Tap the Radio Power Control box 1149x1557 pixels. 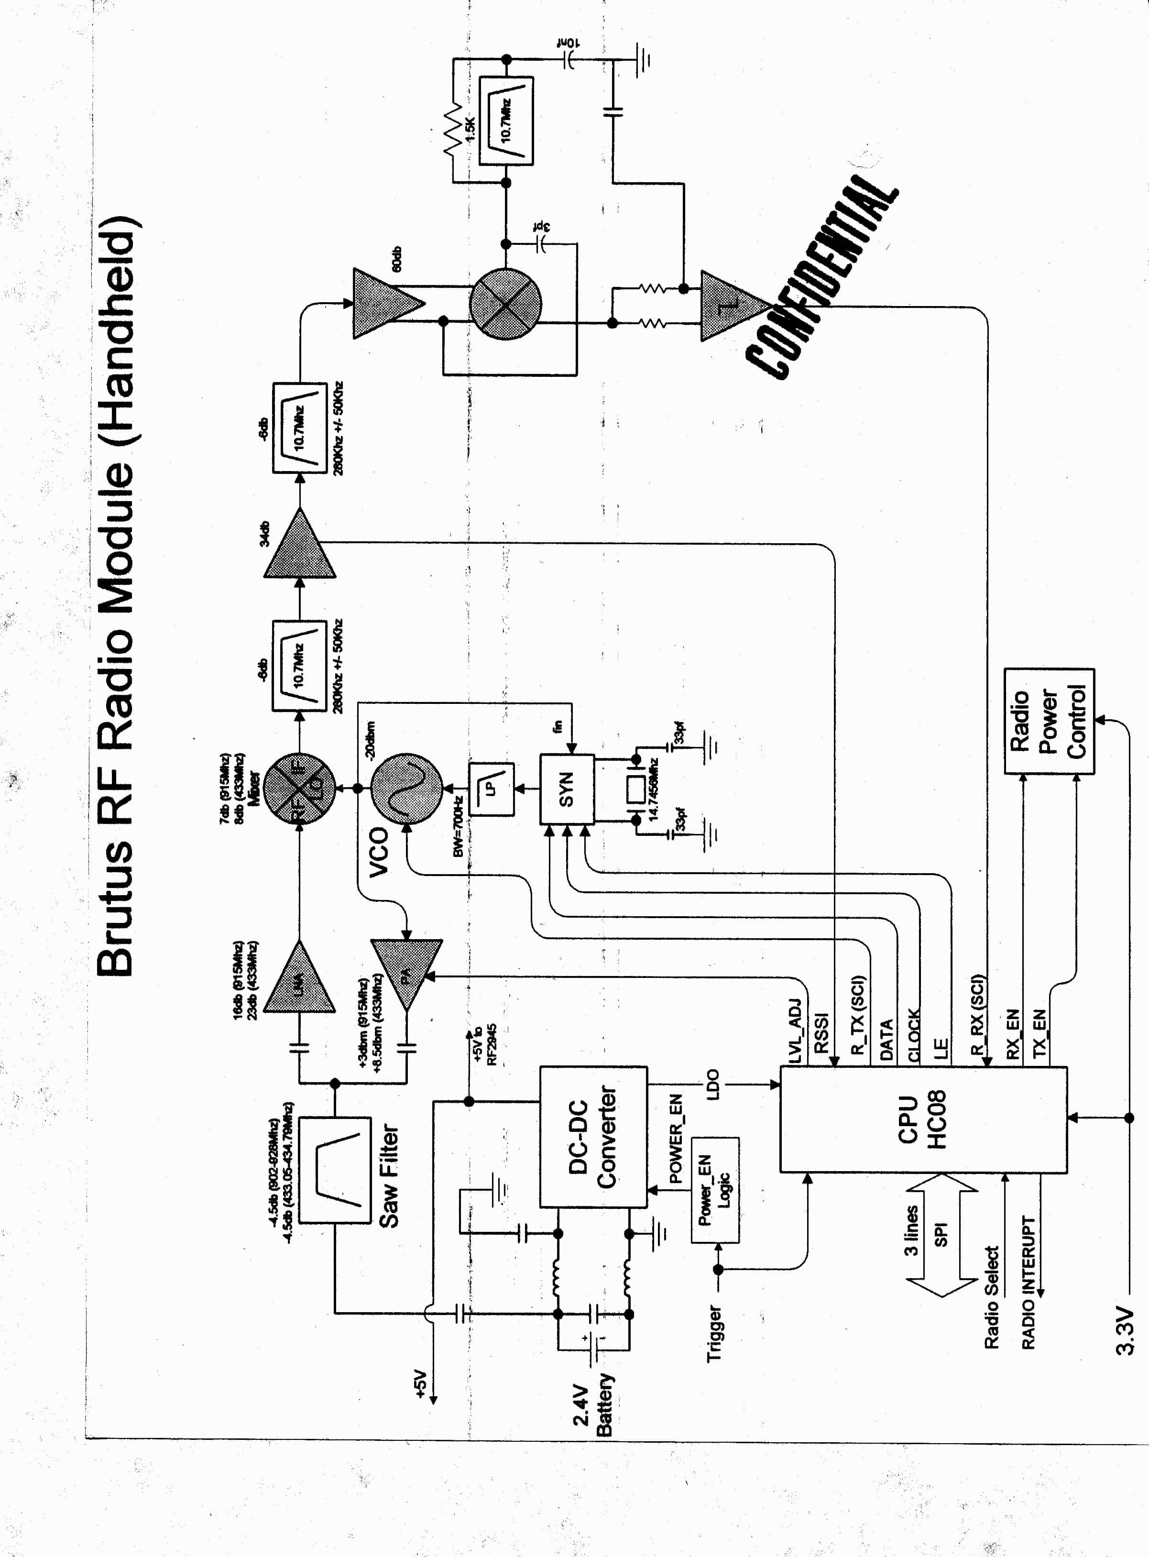[1049, 721]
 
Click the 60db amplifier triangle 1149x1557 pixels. [386, 303]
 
